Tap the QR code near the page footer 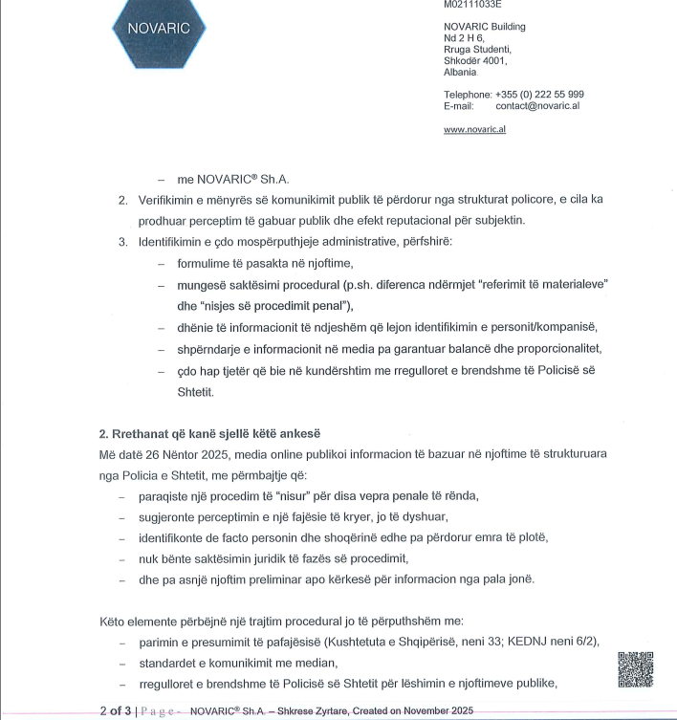[635, 669]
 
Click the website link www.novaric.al [474, 129]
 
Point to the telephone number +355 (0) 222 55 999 [539, 94]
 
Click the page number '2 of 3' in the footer [117, 709]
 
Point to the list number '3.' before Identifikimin [123, 242]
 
